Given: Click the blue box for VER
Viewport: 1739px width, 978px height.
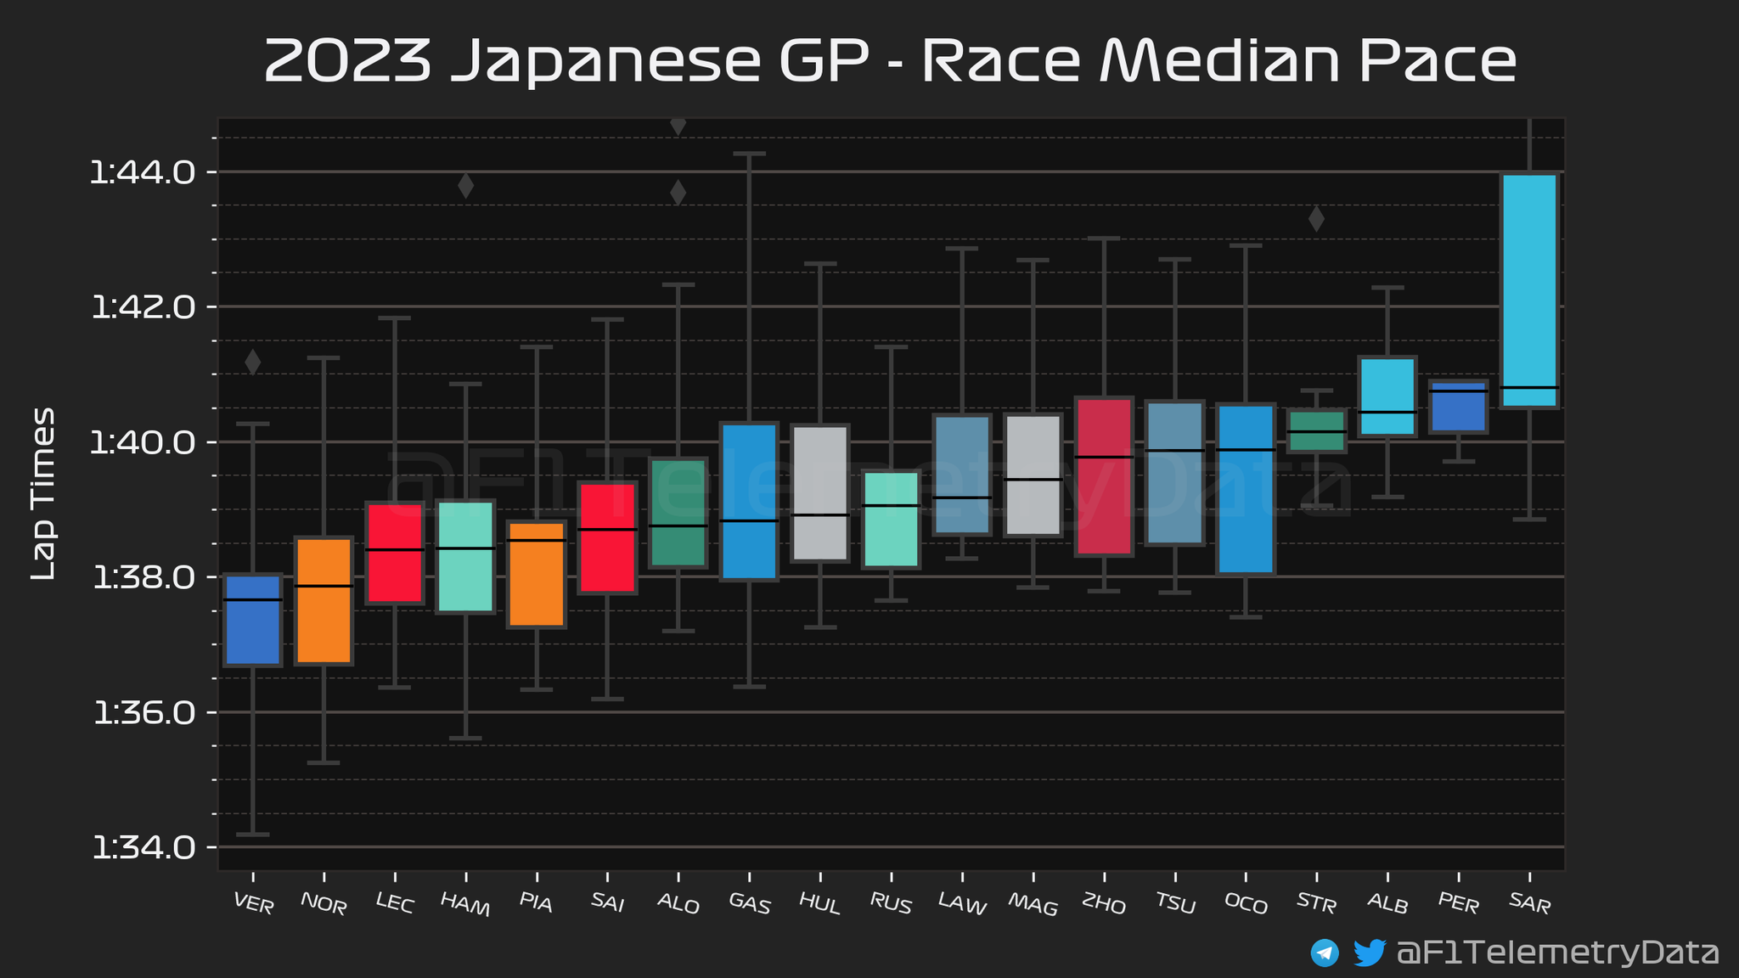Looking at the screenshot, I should coord(253,620).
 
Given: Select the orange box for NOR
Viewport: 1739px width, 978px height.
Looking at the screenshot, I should coord(324,600).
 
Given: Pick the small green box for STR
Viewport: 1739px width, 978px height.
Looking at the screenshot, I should coord(1316,431).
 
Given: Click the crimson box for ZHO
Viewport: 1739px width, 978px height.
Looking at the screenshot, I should coord(1104,476).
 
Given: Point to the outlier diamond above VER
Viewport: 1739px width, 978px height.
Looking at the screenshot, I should coord(253,362).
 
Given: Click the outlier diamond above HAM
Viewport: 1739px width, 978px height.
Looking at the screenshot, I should coord(465,185).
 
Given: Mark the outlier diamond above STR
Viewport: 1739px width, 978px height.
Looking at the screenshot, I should coord(1316,219).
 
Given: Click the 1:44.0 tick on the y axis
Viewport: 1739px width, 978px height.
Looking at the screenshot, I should coord(143,173).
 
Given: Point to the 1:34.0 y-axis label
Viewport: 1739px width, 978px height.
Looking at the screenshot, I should coord(143,847).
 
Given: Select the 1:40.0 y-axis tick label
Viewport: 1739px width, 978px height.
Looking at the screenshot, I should coord(143,442).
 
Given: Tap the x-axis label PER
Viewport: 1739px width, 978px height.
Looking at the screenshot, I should coord(1459,903).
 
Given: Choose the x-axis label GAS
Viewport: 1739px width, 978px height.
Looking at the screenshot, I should coord(750,905).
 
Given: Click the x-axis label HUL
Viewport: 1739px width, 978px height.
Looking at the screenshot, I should coord(820,905).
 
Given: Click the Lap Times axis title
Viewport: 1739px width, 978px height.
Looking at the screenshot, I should coord(43,493).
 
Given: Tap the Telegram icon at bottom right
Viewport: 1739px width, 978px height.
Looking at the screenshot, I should coord(1325,953).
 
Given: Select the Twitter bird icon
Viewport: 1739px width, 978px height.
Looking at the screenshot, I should coord(1369,953).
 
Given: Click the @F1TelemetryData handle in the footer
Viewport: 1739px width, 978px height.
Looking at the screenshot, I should coord(1558,953).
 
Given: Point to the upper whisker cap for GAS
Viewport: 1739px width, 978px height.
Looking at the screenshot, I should coord(749,154).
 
